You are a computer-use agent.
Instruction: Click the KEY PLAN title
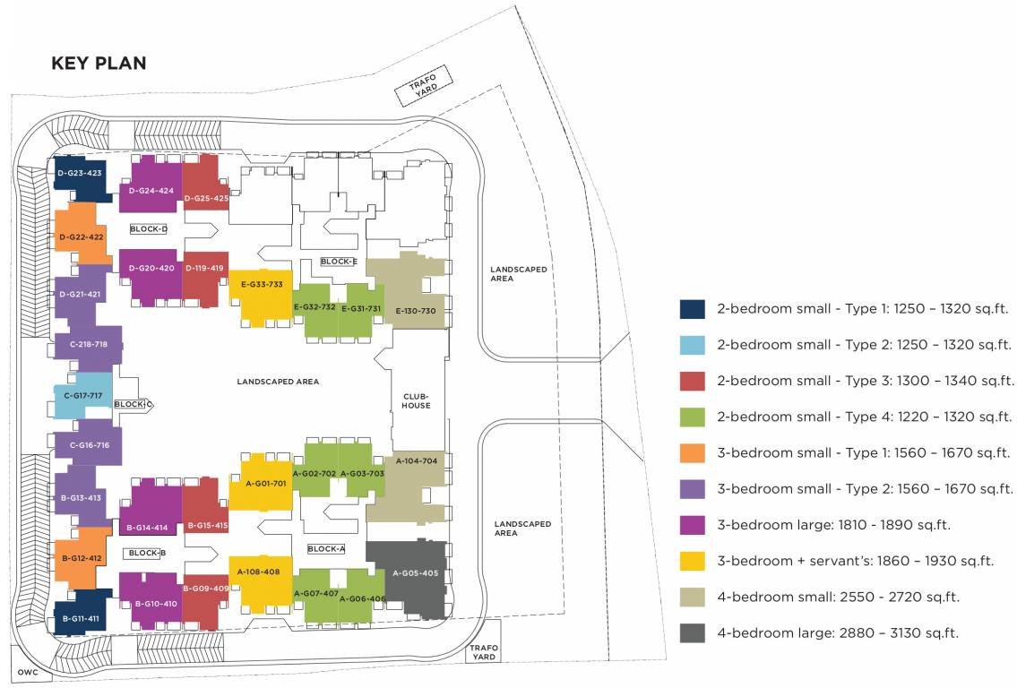coord(99,64)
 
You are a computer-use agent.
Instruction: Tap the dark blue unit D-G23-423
coord(80,173)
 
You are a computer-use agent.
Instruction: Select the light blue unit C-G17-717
coord(82,395)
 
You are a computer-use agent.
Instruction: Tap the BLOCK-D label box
coord(149,229)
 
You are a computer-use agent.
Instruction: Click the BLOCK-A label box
coord(325,548)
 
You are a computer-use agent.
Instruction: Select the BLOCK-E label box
coord(339,262)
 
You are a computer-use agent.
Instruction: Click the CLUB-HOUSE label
coord(416,400)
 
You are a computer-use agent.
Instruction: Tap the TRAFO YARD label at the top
coord(423,90)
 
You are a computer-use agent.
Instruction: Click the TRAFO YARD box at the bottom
coord(484,652)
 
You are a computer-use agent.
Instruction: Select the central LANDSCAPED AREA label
coord(278,382)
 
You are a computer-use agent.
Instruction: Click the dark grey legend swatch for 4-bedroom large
coord(693,633)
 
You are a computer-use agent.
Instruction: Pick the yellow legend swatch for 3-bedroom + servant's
coord(693,561)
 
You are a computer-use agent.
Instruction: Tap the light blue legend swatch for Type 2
coord(693,345)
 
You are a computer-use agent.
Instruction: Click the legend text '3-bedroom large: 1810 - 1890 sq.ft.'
coord(833,525)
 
